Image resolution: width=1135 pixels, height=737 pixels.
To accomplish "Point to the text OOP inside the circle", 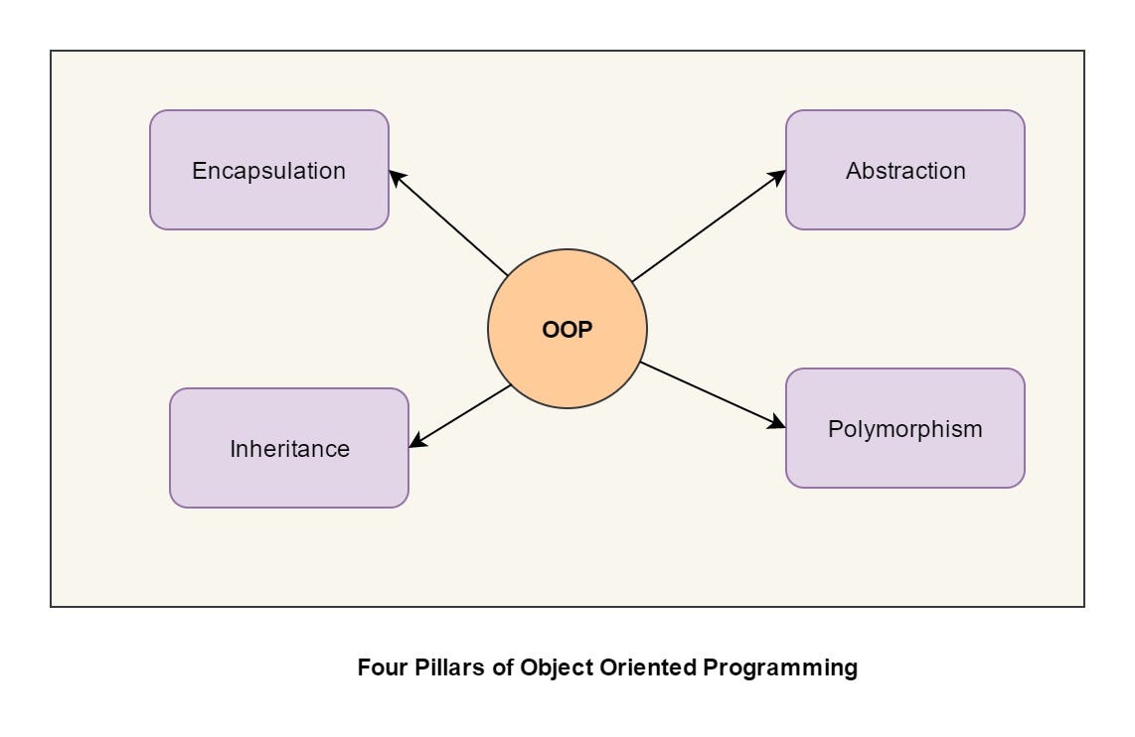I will tap(567, 330).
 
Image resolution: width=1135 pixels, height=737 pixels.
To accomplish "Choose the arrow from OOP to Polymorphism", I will tap(708, 393).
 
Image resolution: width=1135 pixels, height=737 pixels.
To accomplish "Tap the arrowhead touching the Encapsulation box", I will tap(396, 177).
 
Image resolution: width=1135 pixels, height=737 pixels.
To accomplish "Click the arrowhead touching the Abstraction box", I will tap(777, 176).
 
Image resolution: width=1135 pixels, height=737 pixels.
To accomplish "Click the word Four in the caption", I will tap(379, 667).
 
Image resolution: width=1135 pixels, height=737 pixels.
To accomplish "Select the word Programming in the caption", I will tap(780, 667).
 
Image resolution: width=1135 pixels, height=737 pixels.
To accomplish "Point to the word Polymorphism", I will tap(904, 429).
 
